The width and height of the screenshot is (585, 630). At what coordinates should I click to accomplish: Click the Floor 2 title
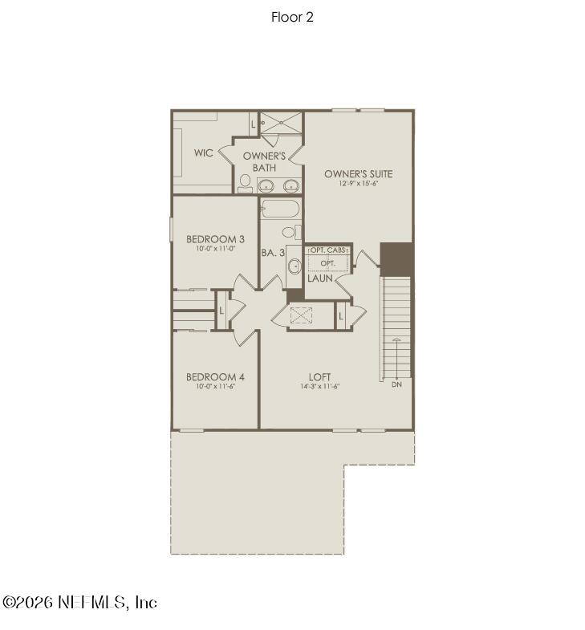pos(292,17)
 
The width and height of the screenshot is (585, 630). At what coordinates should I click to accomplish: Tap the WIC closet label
pos(204,152)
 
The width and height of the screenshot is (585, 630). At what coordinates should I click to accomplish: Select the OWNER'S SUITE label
pos(358,173)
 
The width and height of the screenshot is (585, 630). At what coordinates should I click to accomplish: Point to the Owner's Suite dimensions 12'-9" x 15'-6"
pos(358,184)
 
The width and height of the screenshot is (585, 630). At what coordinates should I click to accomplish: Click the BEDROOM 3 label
pos(215,238)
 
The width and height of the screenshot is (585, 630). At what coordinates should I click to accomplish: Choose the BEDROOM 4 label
pos(215,376)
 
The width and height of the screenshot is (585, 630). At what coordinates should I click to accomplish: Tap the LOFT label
pos(320,376)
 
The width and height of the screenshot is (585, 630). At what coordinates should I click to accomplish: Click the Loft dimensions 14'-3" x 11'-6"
pos(320,386)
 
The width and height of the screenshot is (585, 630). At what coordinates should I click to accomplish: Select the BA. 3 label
pos(273,252)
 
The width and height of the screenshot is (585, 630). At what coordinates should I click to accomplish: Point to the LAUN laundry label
pos(319,278)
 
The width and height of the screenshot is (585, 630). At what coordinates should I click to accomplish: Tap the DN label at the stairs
pos(396,385)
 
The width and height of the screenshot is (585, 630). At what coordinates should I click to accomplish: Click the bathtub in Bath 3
pos(280,210)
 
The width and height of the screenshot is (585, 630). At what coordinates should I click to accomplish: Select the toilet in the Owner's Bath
pos(244,183)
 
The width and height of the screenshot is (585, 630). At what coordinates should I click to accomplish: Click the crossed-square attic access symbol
pos(300,315)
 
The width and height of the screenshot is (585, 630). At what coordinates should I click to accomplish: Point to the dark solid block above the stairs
pos(396,258)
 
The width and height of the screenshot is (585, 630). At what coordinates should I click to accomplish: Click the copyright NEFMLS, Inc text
pos(80,602)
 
